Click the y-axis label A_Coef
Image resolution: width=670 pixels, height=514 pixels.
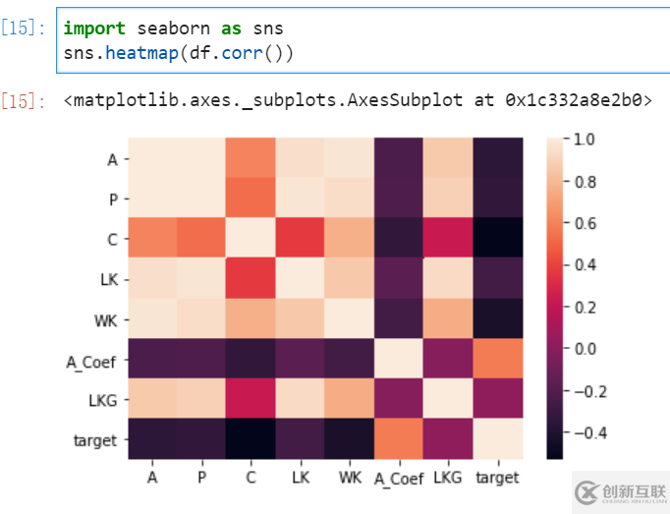click(x=91, y=361)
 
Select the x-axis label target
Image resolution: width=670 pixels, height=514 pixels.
click(x=497, y=478)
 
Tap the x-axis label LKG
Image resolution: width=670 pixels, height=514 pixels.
click(x=448, y=478)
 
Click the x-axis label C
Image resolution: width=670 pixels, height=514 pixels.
click(x=251, y=478)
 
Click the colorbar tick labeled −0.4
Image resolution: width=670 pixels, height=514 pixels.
click(x=589, y=433)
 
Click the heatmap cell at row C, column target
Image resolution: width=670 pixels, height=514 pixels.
click(x=497, y=239)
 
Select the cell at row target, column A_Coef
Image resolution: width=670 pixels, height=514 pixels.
click(x=398, y=440)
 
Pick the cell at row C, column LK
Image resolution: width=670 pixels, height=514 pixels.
click(x=300, y=239)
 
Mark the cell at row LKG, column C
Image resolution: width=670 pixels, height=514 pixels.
click(x=251, y=400)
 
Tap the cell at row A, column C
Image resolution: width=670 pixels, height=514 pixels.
click(x=251, y=158)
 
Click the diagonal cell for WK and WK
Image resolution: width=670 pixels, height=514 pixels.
click(x=349, y=319)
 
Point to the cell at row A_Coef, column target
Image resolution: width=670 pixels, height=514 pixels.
click(x=497, y=360)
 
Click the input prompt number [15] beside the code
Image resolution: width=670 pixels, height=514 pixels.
click(x=23, y=29)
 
